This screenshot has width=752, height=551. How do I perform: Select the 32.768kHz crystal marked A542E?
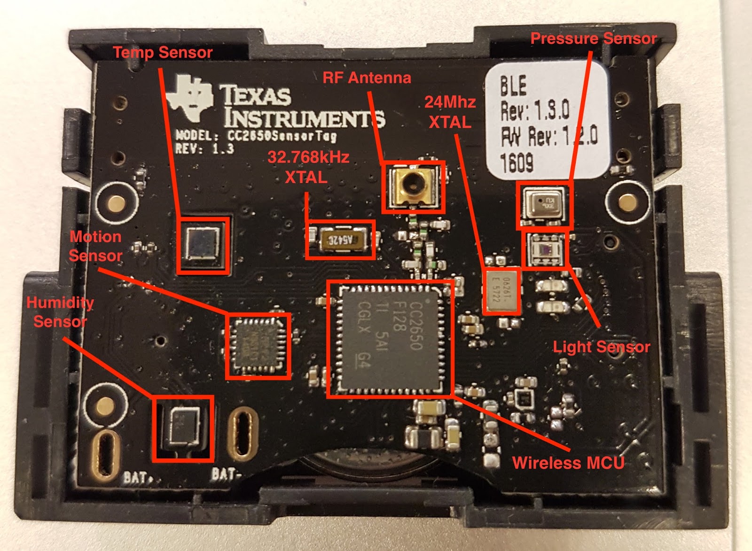coord(340,240)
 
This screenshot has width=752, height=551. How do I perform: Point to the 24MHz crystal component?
coord(502,291)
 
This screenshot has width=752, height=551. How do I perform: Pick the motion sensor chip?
coord(258,346)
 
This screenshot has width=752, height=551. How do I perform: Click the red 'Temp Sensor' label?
coord(163,52)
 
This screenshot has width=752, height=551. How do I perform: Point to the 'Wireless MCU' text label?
coord(568,463)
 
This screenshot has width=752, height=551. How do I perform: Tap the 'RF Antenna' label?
coord(367,78)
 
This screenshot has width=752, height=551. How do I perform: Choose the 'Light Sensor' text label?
coord(601,347)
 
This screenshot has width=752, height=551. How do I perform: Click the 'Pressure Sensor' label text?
coord(593,39)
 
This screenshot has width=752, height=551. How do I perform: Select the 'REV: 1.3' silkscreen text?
coord(204,149)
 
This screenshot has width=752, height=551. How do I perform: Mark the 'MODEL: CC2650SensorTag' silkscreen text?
coord(256,136)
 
